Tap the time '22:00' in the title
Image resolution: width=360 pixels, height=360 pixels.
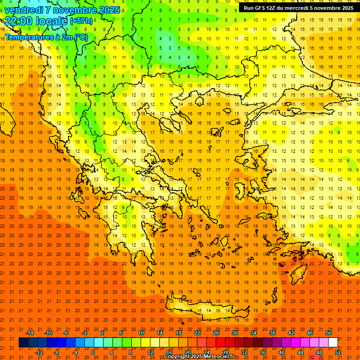pyautogui.click(x=19, y=21)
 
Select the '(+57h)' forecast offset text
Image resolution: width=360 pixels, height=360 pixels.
pyautogui.click(x=81, y=22)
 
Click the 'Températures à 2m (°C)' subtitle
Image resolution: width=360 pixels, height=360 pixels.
pyautogui.click(x=46, y=37)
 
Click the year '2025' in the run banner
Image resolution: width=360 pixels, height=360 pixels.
pyautogui.click(x=345, y=8)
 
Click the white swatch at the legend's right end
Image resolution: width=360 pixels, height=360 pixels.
pyautogui.click(x=333, y=343)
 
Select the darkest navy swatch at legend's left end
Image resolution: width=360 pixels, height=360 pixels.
pyautogui.click(x=23, y=343)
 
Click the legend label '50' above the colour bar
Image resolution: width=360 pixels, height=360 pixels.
pyautogui.click(x=328, y=332)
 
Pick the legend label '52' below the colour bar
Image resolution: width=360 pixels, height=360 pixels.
pyautogui.click(x=338, y=352)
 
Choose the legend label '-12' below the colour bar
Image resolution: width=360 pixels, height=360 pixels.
pyautogui.click(x=39, y=352)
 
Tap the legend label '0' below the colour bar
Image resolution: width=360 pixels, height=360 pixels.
pyautogui.click(x=93, y=352)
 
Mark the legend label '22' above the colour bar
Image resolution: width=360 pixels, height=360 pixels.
pyautogui.click(x=197, y=332)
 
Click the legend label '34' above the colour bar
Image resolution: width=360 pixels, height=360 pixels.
pyautogui.click(x=254, y=332)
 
